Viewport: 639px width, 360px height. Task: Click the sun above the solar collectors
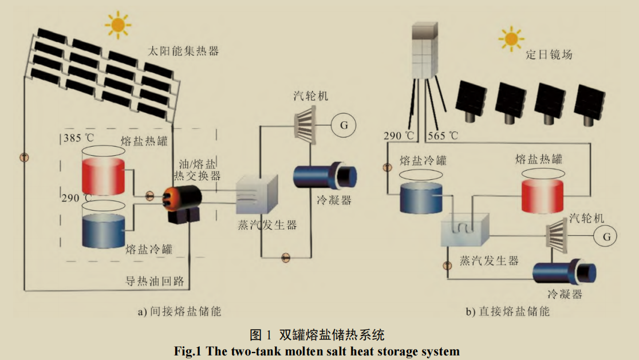119,24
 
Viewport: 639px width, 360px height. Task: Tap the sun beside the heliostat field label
511,38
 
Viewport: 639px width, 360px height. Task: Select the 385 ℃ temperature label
81,139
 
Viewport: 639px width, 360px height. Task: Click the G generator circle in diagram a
344,125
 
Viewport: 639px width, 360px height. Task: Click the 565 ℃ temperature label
443,136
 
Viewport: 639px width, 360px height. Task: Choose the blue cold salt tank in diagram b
420,197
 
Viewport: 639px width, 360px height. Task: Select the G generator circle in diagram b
606,236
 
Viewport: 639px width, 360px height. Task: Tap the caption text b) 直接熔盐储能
507,311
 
